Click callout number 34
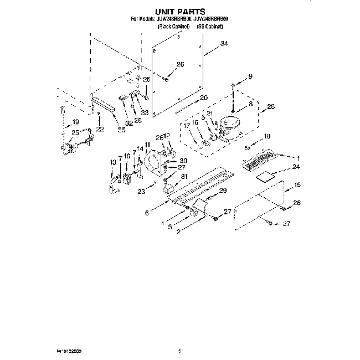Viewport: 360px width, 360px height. (x=224, y=44)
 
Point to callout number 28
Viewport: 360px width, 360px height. (x=271, y=107)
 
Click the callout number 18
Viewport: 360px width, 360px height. (x=267, y=136)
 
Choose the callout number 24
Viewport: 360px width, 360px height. (x=296, y=166)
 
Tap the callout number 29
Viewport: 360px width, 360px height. (x=223, y=191)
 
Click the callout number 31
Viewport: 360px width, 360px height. (x=184, y=176)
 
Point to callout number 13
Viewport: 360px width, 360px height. (x=113, y=162)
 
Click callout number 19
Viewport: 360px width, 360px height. (x=75, y=122)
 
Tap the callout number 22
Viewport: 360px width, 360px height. (x=100, y=129)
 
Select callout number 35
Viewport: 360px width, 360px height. (x=121, y=131)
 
